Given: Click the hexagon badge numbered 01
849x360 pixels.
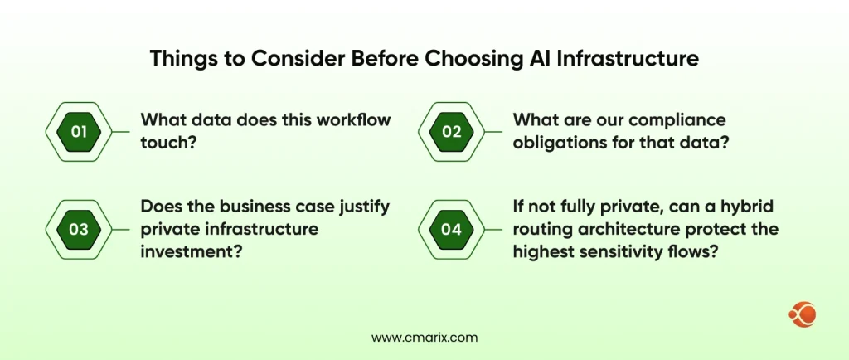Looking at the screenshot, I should point(78,132).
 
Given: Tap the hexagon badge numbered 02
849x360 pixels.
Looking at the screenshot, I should point(451,132).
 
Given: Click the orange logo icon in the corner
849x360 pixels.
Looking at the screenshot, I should point(803,314).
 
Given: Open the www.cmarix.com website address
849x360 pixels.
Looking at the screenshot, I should point(424,338).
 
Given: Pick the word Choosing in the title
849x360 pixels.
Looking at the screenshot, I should point(477,60).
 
